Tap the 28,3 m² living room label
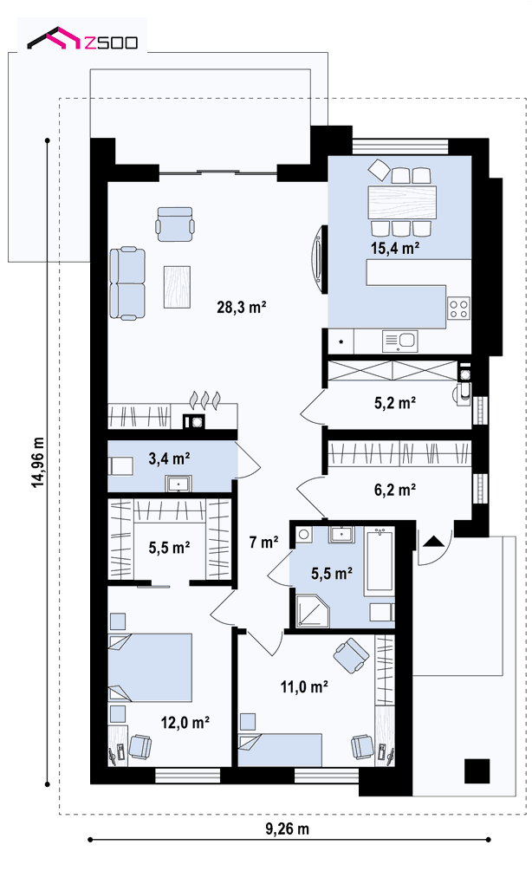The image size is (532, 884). point(241,308)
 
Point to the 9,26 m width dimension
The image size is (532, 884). point(287,829)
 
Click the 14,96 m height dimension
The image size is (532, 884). point(38,462)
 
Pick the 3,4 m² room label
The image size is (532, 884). point(168,459)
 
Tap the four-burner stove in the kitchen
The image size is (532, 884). point(458,308)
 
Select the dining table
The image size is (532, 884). point(402,202)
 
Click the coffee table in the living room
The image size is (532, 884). point(177,287)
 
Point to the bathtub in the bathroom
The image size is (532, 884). point(380,561)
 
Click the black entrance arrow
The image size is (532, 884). point(433,541)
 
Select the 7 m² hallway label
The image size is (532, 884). point(263,543)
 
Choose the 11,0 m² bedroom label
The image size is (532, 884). point(304,686)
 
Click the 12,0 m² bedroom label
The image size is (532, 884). point(185,722)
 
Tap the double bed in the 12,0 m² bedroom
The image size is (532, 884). point(150,667)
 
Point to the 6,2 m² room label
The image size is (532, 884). point(395,490)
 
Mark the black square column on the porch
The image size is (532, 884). point(477,770)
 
